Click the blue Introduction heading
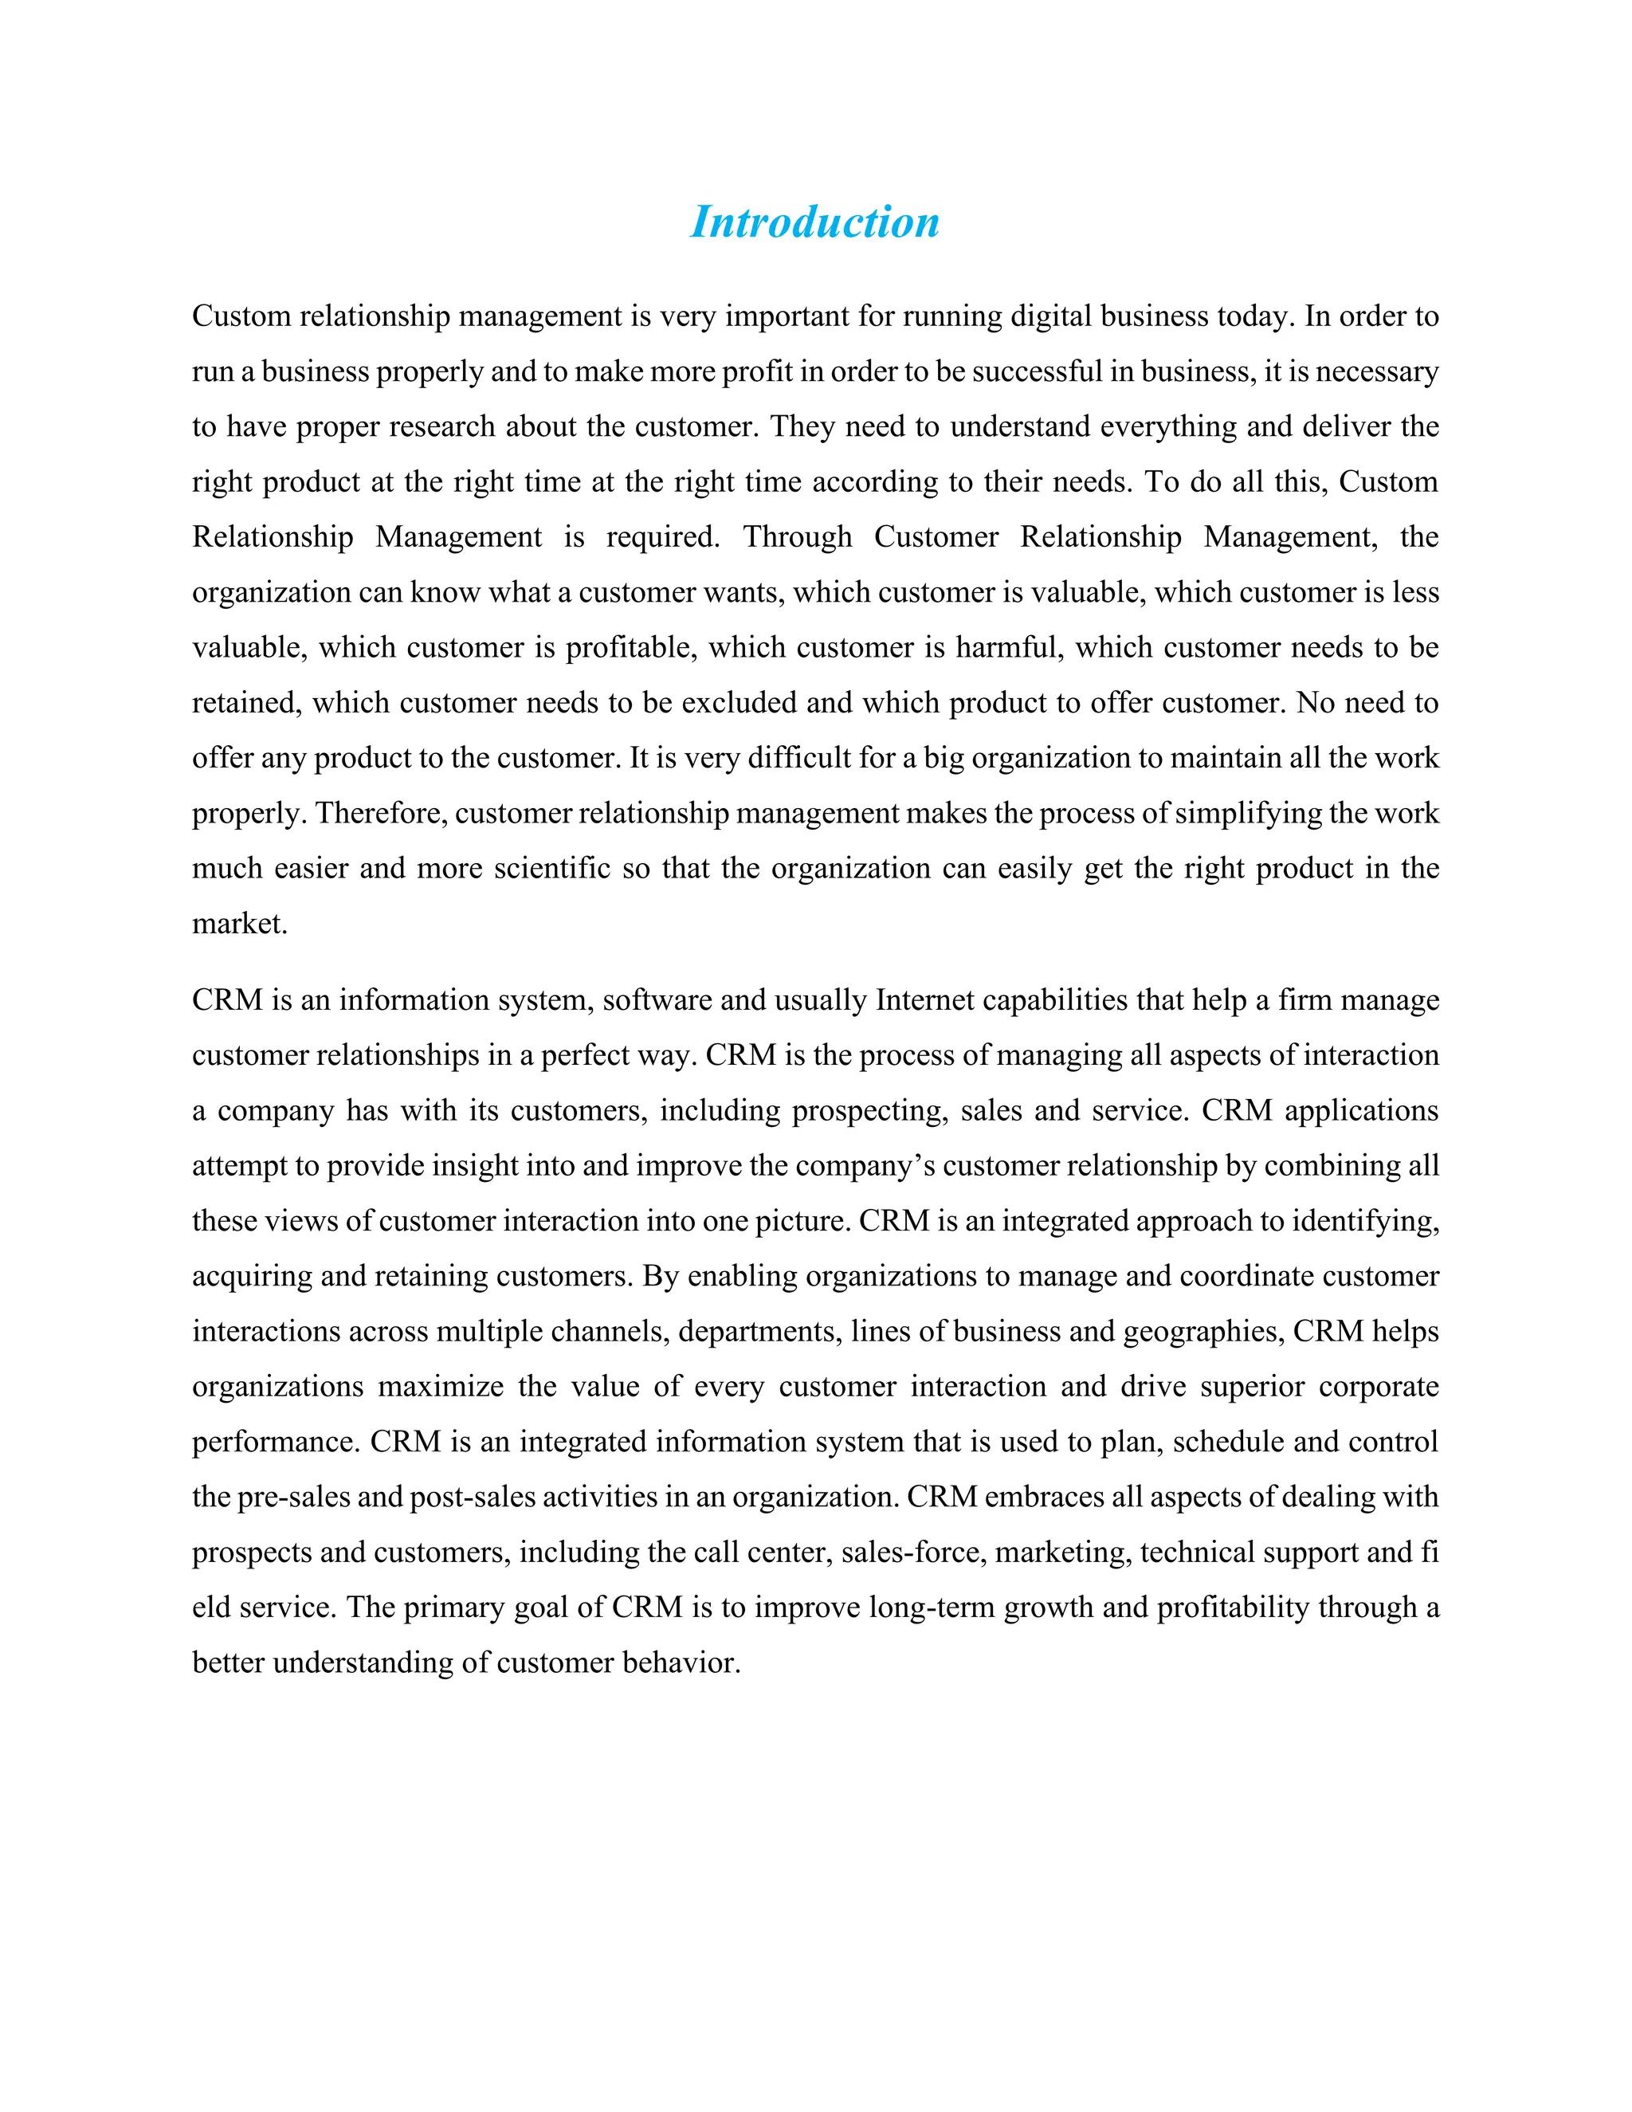(x=814, y=222)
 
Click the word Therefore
(x=381, y=812)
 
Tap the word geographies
(x=1202, y=1331)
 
